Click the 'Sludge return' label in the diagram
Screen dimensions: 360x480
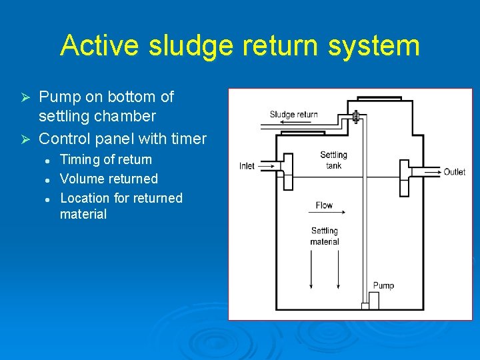pos(293,114)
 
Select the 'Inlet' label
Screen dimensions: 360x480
pos(247,166)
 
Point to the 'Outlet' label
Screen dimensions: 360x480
pos(455,172)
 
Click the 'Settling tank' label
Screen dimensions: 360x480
pos(333,160)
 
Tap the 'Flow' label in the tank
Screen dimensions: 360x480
pos(325,205)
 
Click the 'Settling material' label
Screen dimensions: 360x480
pos(325,236)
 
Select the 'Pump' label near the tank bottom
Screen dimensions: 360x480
pos(383,285)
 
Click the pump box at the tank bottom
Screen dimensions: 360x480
pos(373,301)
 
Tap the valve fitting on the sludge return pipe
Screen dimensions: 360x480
pos(356,117)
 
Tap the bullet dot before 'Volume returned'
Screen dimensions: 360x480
pos(47,179)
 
